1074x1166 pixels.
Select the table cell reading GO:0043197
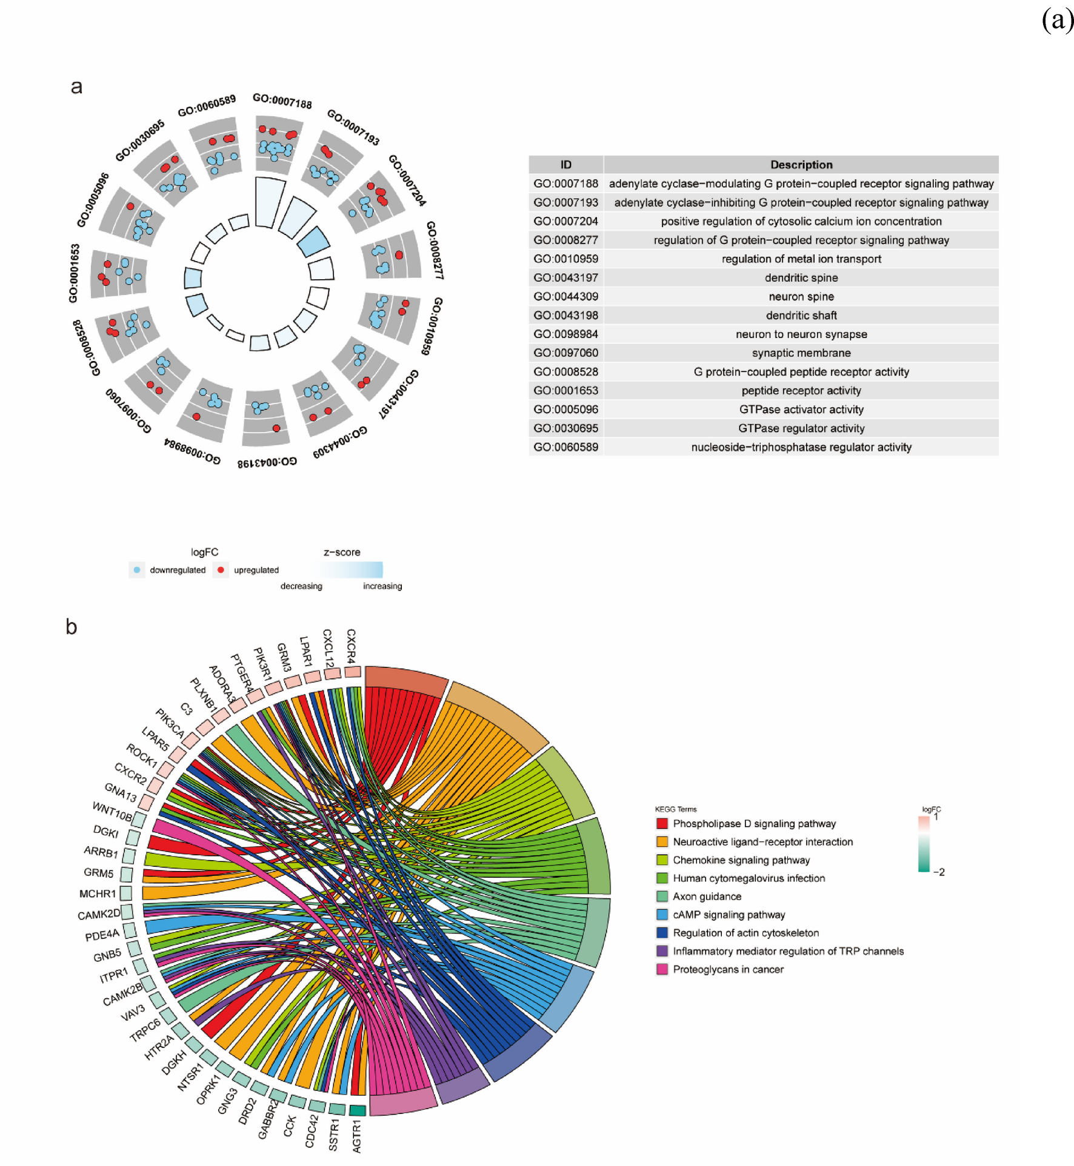coord(565,277)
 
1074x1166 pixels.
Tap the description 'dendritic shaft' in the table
coord(801,315)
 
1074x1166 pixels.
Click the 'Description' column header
coord(801,165)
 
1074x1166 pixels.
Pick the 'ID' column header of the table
coord(565,165)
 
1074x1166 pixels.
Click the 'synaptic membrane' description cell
coord(801,353)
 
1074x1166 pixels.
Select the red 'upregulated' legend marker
coord(221,570)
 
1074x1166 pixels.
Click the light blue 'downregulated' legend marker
coord(137,570)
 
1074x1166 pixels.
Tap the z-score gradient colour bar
coord(349,569)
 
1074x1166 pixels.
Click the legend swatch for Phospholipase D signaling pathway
coord(662,824)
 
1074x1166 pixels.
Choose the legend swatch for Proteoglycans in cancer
coord(662,969)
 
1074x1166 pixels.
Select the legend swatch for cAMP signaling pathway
coord(662,915)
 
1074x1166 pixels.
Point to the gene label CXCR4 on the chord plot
coord(351,646)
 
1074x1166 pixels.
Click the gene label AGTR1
coord(357,1136)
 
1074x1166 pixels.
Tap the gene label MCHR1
coord(97,893)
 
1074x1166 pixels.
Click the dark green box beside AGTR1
coord(358,1110)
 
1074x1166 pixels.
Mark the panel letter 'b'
coord(72,627)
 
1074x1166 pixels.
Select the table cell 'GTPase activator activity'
coord(801,409)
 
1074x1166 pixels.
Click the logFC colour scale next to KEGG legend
coord(924,844)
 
